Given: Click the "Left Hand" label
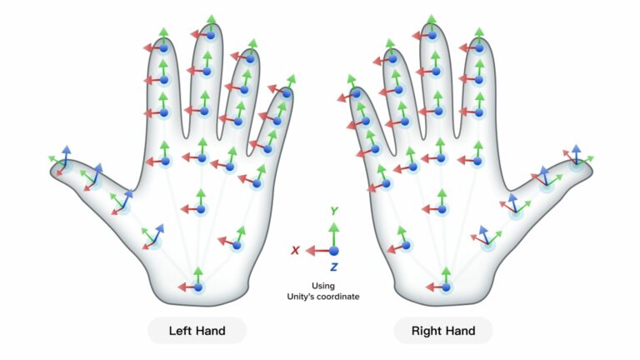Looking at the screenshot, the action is tap(197, 330).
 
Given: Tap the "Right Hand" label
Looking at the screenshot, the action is tap(443, 330).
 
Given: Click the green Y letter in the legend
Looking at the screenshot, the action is tap(334, 211).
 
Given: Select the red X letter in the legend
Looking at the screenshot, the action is tap(295, 250).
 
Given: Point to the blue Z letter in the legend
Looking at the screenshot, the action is tap(334, 267).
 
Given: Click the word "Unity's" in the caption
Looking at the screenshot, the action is tap(302, 297).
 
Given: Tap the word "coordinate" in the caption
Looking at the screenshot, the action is tap(340, 297).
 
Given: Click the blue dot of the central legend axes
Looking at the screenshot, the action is tap(334, 251).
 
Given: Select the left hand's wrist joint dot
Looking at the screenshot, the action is tap(198, 287).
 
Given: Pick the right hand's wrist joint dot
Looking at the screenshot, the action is tap(446, 287).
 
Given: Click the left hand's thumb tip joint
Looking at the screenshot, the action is tap(64, 165).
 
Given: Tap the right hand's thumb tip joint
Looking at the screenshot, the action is tap(577, 164).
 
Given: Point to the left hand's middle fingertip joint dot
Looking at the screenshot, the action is tap(211, 35).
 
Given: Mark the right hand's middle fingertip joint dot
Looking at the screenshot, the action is tap(432, 36).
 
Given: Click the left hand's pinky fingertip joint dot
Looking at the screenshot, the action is tap(287, 93).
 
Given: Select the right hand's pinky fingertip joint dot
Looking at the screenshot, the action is tap(357, 93).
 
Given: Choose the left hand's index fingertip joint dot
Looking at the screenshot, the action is tap(163, 48).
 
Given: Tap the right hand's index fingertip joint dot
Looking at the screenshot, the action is tap(479, 48).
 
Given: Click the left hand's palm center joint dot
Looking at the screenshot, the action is tap(201, 209).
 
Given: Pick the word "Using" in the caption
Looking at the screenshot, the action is tap(322, 286).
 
